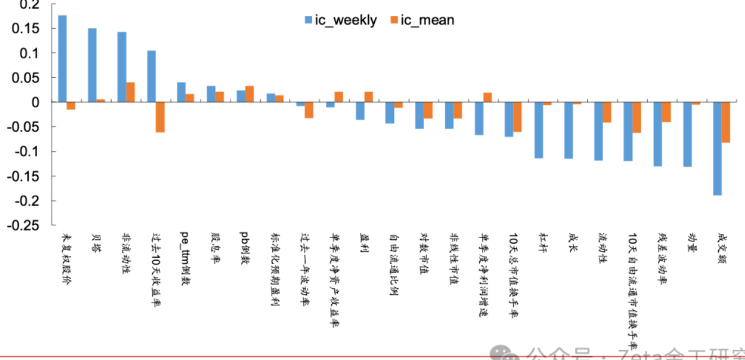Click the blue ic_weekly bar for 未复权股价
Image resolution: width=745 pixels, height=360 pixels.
point(62,59)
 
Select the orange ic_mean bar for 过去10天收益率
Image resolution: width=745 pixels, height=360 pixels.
point(160,117)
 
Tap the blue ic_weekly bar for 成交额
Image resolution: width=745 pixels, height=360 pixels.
point(717,149)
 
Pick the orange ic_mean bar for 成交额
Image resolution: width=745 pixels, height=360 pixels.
point(726,122)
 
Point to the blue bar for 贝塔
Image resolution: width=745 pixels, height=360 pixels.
point(92,65)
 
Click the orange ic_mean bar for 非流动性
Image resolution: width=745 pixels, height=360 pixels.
point(130,93)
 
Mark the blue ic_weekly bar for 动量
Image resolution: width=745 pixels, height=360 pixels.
point(687,134)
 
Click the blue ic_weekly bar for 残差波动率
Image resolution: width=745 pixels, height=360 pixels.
point(657,134)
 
